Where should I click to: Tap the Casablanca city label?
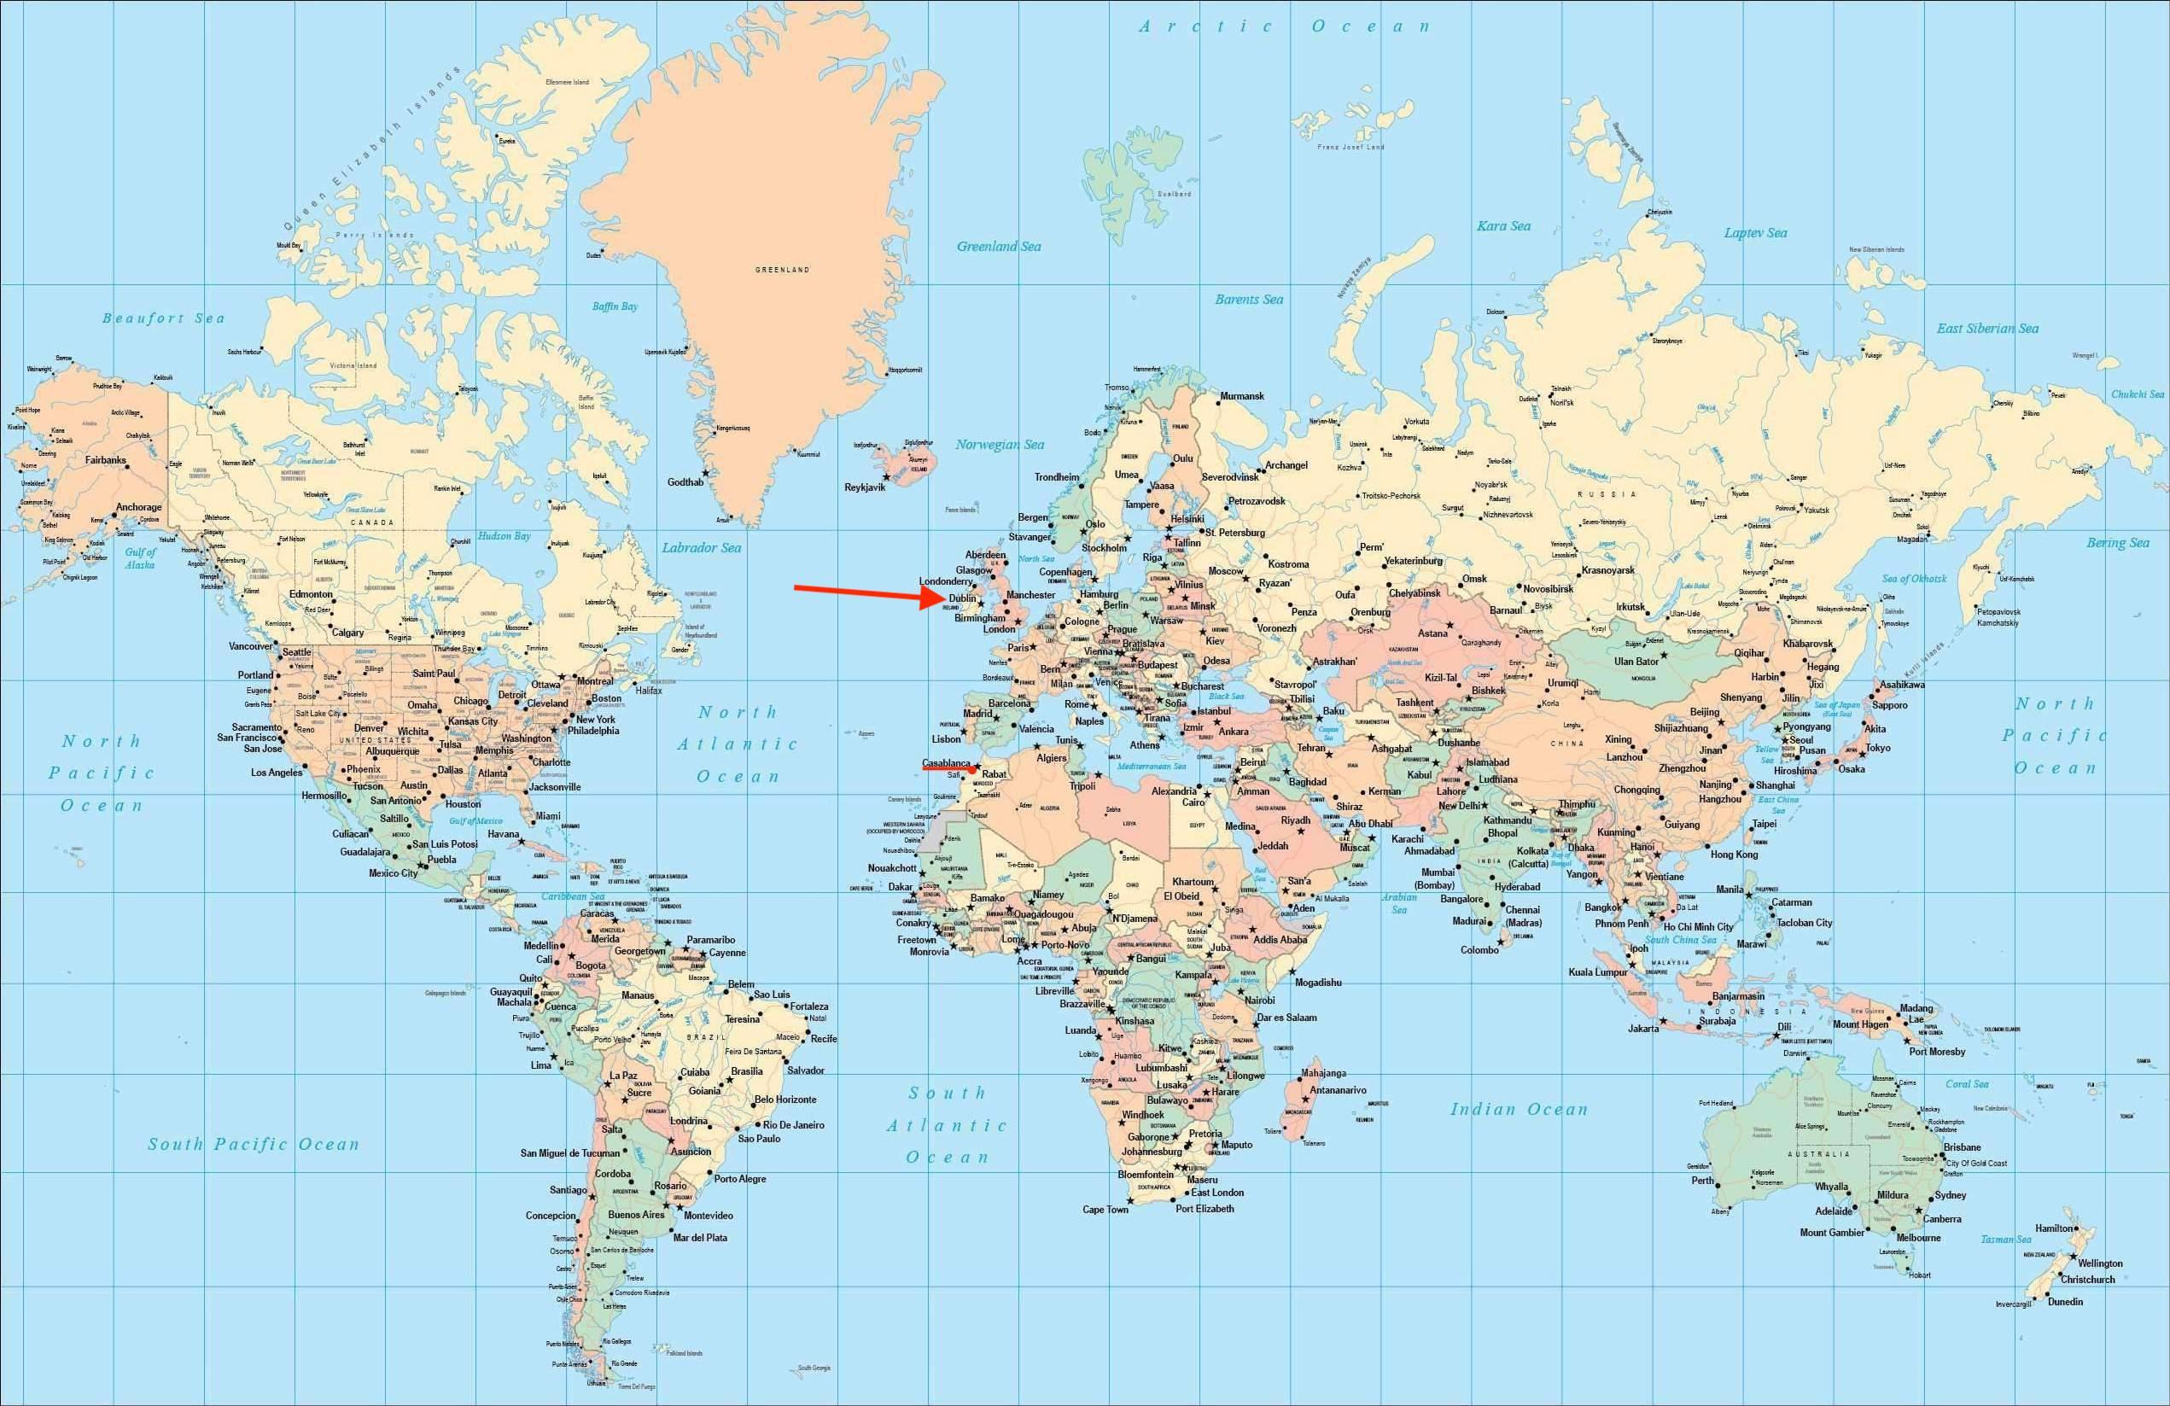coord(947,762)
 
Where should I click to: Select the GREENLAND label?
coord(781,270)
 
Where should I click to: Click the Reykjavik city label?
coord(865,487)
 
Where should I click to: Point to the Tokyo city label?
coord(1877,748)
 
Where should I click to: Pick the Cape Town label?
coord(1105,1210)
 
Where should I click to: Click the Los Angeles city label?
coord(277,773)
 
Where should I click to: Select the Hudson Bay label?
coord(504,536)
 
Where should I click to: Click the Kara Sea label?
coord(1503,226)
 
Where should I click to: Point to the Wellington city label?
coord(2100,1263)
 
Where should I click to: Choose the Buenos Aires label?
coord(635,1215)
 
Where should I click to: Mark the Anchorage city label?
coord(138,507)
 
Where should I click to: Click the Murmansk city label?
coord(1242,396)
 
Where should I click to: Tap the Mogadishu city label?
coord(1317,982)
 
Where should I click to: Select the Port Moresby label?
coord(1937,1052)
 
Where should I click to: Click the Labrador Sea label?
coord(701,548)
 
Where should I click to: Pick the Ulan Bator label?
coord(1636,661)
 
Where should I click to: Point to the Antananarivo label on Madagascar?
coord(1338,1089)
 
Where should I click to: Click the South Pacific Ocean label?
coord(254,1144)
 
